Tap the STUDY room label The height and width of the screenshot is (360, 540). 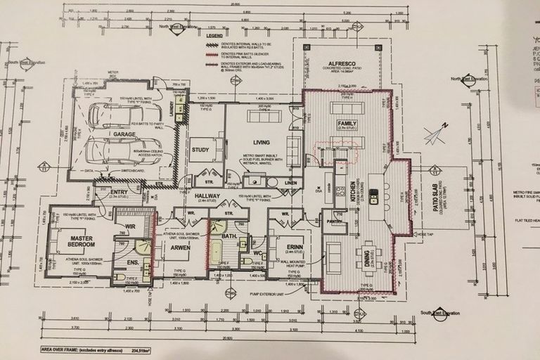[200, 149]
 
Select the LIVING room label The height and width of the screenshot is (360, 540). [262, 142]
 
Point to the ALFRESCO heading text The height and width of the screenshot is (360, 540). [340, 63]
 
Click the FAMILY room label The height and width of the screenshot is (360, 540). [347, 124]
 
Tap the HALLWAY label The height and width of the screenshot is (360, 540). [208, 196]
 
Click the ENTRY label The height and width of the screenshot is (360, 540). [119, 192]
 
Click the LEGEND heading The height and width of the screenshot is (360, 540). [214, 34]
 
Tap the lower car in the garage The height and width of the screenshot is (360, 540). [115, 150]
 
